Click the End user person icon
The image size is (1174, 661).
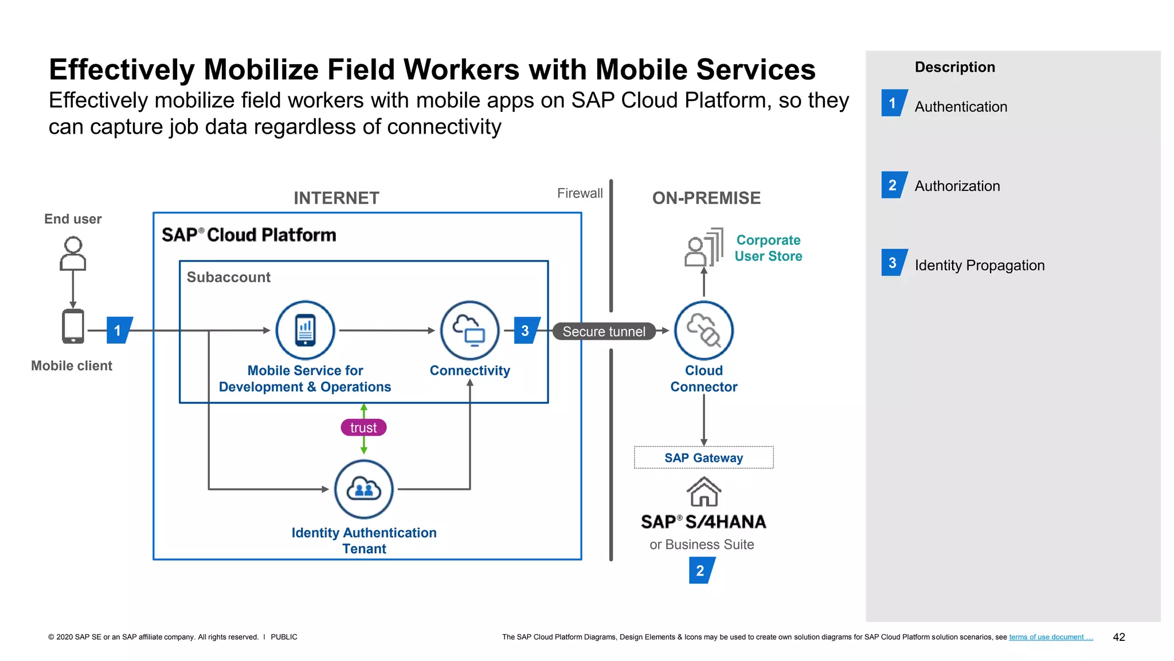[x=73, y=253]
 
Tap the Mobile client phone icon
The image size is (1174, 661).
[x=73, y=326]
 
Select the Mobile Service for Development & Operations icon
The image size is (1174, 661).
[x=305, y=330]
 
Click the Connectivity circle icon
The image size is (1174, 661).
[x=469, y=330]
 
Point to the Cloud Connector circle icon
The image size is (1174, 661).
[x=703, y=330]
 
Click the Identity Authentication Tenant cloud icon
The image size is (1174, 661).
[x=363, y=489]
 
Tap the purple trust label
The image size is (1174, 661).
[x=363, y=427]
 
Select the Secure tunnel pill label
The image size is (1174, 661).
[x=604, y=332]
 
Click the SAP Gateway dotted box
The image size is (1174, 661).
[x=703, y=458]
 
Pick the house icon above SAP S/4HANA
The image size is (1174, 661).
[x=703, y=492]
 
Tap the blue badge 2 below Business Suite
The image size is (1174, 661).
[x=701, y=570]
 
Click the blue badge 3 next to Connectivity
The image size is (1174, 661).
[x=526, y=330]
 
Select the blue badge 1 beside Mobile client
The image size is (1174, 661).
[x=119, y=330]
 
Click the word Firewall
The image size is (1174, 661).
[x=580, y=193]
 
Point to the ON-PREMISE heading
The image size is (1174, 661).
[x=706, y=198]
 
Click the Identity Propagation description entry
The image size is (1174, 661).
[x=979, y=265]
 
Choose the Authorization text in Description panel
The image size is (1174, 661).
[x=957, y=186]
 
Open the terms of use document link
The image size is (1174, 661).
[x=1050, y=637]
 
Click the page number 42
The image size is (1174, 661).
[x=1118, y=637]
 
